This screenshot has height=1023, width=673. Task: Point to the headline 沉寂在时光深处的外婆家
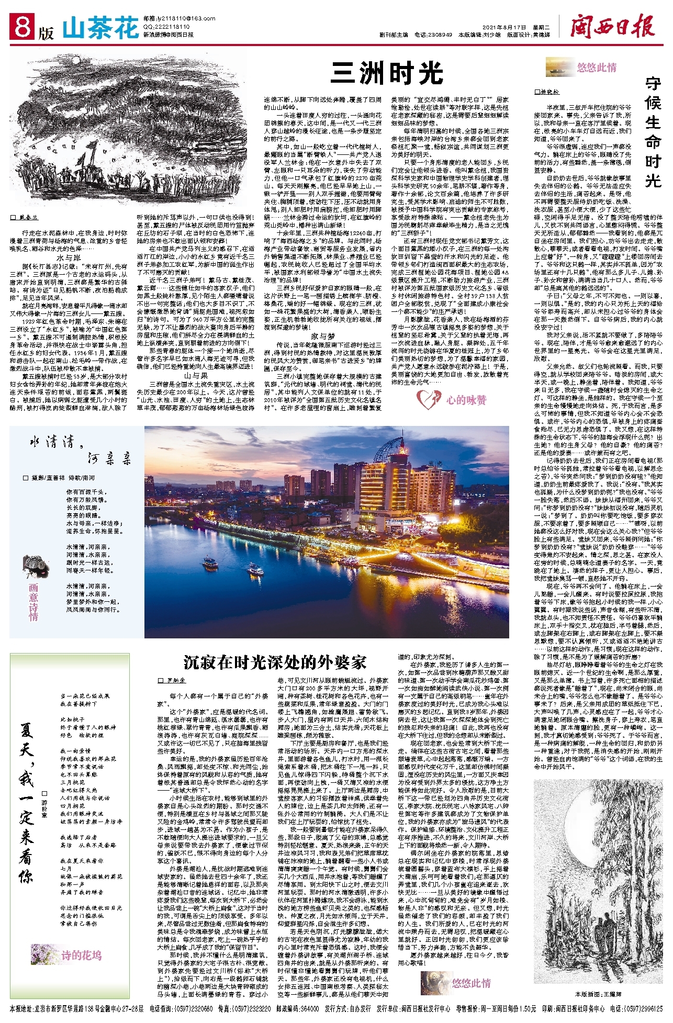pos(275,662)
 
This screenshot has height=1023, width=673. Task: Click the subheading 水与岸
pos(69,258)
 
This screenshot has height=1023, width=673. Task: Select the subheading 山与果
pos(195,376)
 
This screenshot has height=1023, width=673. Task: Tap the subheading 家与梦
pos(322,335)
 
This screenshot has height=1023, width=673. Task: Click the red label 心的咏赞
pos(466,400)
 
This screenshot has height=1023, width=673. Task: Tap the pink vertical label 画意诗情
pos(33,602)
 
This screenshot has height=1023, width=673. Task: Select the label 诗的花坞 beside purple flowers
pos(81,955)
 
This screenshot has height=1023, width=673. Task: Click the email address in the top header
pos(172,18)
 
